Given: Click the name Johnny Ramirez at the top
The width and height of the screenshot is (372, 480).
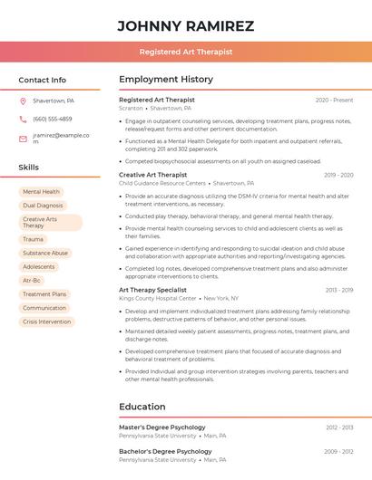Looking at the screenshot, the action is point(186,25).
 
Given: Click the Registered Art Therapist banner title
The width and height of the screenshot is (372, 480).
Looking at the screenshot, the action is point(186,53).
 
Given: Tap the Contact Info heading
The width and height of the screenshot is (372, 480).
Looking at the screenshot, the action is point(42,80).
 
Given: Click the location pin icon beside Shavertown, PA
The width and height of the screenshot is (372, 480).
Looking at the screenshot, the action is point(23,101).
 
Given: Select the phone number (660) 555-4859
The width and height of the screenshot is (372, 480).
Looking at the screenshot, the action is point(53,119).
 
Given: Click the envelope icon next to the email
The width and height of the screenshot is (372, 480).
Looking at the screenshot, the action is point(23,139).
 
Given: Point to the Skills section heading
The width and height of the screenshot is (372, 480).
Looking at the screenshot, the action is point(29,168).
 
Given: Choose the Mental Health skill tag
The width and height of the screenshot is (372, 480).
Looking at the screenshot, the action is point(41,192).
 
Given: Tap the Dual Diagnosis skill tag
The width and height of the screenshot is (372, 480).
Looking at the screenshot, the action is point(44,206).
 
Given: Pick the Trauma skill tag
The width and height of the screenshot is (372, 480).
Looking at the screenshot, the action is point(33,240).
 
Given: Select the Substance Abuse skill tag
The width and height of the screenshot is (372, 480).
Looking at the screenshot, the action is point(45,254).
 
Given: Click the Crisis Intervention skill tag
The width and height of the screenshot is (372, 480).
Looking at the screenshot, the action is point(46,322).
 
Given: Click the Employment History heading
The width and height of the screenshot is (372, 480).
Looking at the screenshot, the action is point(166,80).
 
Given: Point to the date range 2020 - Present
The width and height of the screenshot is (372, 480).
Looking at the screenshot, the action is point(334,101).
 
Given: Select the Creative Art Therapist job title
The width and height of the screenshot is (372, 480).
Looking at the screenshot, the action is point(152,175).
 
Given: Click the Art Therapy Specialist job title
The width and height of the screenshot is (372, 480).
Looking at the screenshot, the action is point(152,290).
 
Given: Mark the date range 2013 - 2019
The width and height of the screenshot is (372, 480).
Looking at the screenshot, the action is point(338,290).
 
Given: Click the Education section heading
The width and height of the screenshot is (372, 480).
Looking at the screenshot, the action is point(142,408).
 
